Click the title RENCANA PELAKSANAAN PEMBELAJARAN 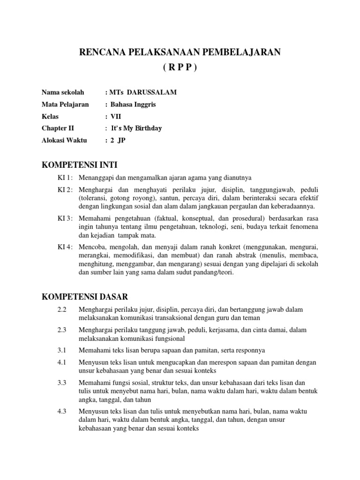[180, 52]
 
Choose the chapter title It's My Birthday [136, 128]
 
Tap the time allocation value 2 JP [118, 140]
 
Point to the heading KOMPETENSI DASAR [85, 297]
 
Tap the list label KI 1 [65, 178]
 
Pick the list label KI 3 [65, 218]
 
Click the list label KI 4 [65, 247]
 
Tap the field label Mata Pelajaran [65, 104]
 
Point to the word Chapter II [58, 128]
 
